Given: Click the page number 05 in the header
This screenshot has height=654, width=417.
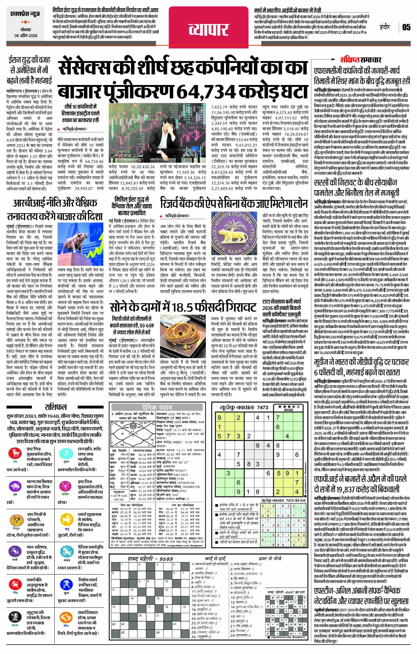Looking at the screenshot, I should pos(406,27).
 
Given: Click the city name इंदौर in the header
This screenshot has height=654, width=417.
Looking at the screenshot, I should pos(385,27).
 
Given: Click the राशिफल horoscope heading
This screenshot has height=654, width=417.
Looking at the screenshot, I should pos(55,407).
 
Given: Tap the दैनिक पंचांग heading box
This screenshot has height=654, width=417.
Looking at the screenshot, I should pos(159,407).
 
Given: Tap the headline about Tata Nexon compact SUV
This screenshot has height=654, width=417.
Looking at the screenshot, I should pos(282,309).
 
